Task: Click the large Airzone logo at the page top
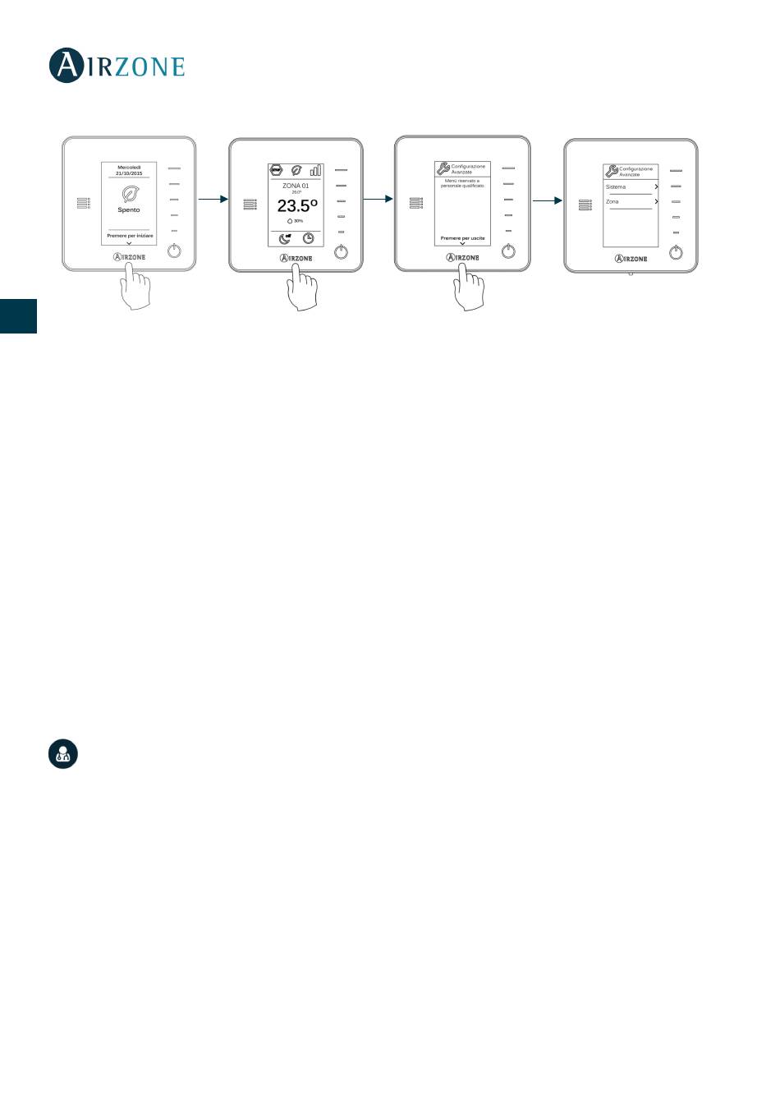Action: (117, 66)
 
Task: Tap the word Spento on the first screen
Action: (129, 210)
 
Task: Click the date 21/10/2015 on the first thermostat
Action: (129, 173)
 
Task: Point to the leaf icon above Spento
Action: (129, 194)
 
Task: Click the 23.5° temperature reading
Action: (296, 206)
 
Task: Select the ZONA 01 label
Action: (296, 186)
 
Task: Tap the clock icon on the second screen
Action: (308, 238)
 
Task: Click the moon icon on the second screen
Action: (284, 238)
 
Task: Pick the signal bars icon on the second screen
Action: (315, 170)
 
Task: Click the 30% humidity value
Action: (296, 221)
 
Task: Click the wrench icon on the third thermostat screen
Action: (443, 169)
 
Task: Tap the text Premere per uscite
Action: (462, 238)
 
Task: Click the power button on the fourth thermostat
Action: (676, 253)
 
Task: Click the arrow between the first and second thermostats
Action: (212, 199)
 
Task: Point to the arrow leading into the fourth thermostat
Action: (547, 200)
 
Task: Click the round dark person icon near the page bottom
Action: (63, 753)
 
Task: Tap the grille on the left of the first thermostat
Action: (84, 202)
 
